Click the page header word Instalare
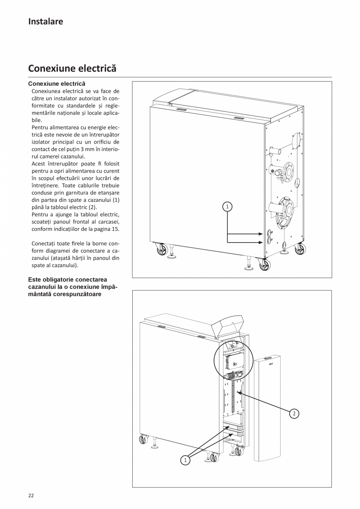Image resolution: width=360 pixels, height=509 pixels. [x=45, y=22]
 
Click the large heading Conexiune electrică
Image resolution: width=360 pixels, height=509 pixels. [x=72, y=68]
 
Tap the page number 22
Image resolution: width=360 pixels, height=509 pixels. [x=31, y=495]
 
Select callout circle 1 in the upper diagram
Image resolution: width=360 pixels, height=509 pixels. [x=227, y=206]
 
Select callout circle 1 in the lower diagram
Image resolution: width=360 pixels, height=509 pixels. [x=185, y=460]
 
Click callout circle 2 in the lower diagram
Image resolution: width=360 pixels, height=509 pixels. [x=294, y=413]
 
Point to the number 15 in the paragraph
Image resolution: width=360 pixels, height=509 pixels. [x=115, y=229]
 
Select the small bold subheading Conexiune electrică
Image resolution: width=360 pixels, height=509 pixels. [x=56, y=84]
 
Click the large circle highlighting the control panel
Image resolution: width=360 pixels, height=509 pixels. [x=234, y=360]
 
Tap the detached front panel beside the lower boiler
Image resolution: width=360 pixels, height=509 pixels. [x=267, y=407]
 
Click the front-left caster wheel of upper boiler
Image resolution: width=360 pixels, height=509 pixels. [x=162, y=250]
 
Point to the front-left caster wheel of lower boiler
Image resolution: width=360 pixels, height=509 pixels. [x=144, y=439]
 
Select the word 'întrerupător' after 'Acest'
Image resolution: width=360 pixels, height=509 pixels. [x=64, y=164]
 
